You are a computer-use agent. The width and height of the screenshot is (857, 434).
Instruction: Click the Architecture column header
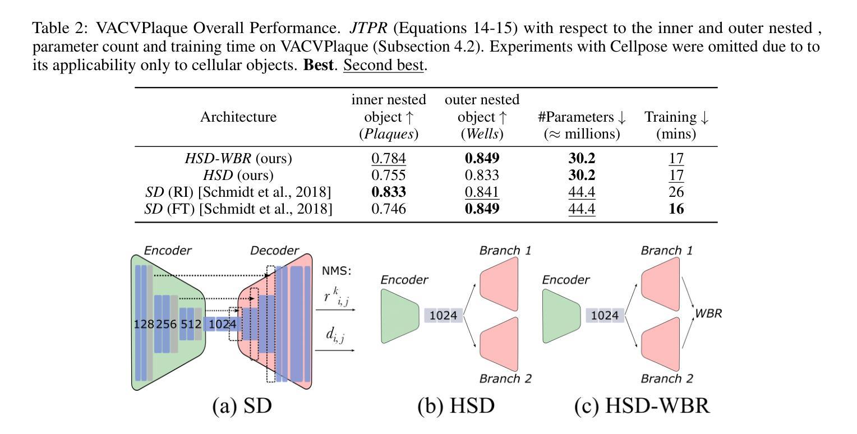238,117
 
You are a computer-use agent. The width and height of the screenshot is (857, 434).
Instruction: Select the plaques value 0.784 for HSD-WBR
388,158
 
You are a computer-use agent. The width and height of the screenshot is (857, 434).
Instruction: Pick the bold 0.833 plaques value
388,192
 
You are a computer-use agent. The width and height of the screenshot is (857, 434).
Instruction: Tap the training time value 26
676,192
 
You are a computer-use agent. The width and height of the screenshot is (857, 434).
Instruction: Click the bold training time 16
676,209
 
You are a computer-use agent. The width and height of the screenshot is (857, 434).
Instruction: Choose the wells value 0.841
482,192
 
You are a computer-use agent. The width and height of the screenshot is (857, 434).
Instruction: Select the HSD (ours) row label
238,175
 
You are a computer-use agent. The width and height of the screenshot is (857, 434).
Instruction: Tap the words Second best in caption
384,65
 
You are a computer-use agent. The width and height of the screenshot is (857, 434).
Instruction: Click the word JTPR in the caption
368,28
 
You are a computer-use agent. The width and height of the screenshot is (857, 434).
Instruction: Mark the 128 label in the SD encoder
144,324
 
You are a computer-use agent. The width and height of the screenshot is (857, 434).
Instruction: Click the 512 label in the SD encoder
191,324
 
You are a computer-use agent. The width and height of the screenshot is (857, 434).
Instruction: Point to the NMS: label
337,271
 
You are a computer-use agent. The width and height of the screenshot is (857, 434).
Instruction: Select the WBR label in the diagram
708,313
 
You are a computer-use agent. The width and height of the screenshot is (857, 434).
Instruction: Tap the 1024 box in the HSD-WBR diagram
605,316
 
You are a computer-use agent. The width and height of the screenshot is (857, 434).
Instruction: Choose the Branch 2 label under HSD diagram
505,378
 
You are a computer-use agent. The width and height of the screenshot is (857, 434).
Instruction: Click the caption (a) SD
242,406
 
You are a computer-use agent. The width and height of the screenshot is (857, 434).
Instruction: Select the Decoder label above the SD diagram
274,251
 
